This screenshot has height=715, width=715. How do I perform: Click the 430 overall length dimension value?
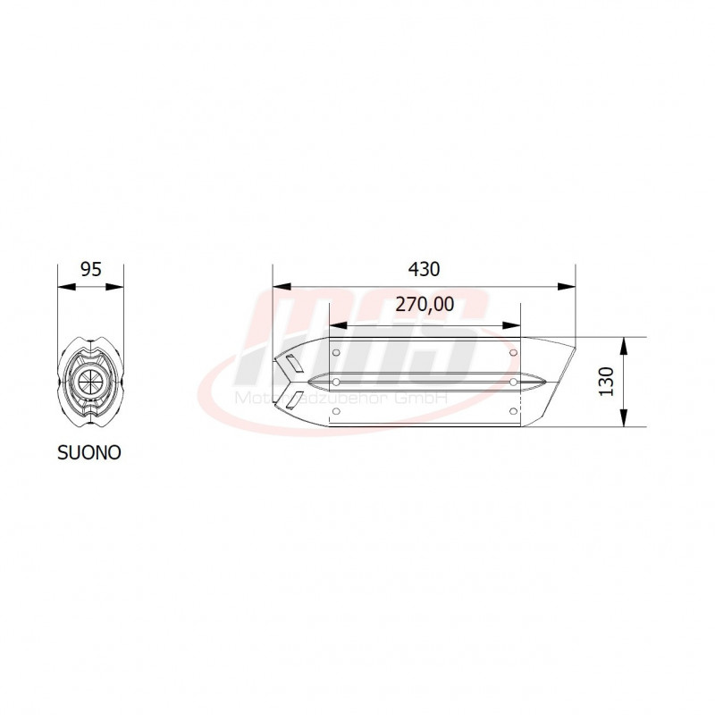(x=424, y=269)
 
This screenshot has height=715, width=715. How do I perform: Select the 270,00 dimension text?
(x=424, y=304)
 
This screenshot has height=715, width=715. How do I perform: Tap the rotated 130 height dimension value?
(x=607, y=382)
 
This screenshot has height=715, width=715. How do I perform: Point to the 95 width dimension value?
(x=89, y=269)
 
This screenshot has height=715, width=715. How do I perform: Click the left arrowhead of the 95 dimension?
(x=63, y=287)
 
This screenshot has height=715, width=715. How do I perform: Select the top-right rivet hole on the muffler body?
(x=513, y=352)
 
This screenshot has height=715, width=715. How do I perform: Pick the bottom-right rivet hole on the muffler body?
(x=513, y=411)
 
